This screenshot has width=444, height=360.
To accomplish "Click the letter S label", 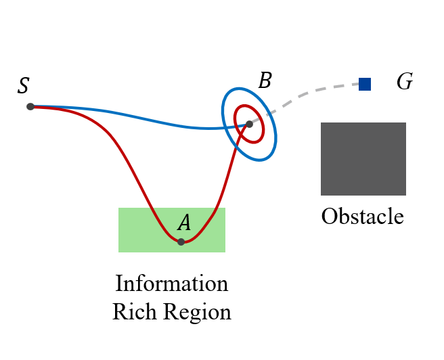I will [24, 86].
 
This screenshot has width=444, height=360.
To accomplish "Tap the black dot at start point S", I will [30, 106].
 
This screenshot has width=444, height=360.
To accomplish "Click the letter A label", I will [183, 223].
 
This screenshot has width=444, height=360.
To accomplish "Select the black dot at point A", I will [181, 242].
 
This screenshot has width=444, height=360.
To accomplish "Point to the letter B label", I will [265, 81].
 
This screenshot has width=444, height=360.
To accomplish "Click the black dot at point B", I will [249, 124].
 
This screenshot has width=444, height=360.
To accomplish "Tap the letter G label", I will [405, 83].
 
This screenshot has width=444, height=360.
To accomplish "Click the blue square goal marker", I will [365, 84].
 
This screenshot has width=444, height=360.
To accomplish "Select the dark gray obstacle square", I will [363, 158].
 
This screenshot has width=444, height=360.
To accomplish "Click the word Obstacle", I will [362, 217].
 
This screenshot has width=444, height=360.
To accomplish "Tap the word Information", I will [172, 283].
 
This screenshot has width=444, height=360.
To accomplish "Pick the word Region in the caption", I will [196, 313].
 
